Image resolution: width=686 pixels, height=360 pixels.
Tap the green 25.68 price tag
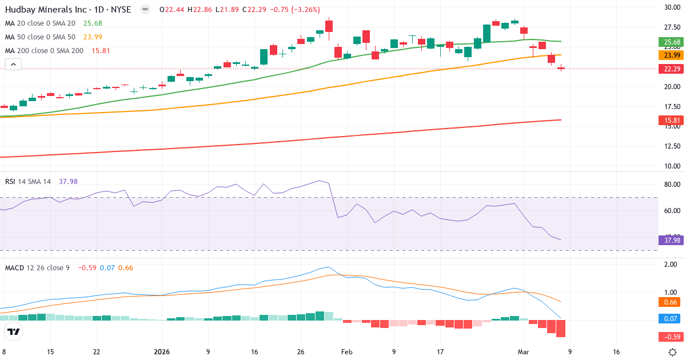tap(672, 42)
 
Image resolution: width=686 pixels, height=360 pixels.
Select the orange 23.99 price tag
tap(672, 55)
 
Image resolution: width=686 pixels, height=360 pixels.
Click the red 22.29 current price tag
tap(672, 69)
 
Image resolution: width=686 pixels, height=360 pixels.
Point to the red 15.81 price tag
tap(672, 121)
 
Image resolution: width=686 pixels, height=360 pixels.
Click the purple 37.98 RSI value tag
tap(672, 240)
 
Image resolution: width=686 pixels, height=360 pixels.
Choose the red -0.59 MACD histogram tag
tap(672, 337)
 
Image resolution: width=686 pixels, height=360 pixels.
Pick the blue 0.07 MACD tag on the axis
tap(672, 318)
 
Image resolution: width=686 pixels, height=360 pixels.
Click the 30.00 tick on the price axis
tap(671, 7)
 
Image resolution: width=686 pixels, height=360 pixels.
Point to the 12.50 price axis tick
tap(671, 146)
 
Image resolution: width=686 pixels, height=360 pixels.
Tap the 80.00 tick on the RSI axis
tap(671, 185)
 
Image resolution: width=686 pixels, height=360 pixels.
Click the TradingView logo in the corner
tap(13, 331)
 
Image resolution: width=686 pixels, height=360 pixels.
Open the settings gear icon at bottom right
tap(673, 351)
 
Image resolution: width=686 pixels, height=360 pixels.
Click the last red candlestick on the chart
tap(561, 69)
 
